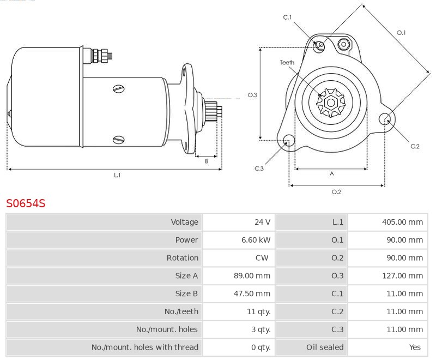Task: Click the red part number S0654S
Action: [x=26, y=204]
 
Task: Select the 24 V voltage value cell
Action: [x=262, y=222]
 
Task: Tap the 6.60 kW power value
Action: [x=256, y=240]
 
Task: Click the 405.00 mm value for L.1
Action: [x=402, y=222]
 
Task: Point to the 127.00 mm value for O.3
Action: [x=402, y=276]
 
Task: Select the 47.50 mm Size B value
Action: [x=252, y=294]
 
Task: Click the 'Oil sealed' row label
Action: [x=325, y=347]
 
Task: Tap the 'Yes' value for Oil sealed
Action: [x=415, y=347]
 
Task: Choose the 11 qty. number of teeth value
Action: [x=258, y=312]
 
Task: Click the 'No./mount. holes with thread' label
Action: [x=144, y=347]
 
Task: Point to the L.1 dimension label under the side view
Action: [x=117, y=176]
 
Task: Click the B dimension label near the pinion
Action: [x=207, y=161]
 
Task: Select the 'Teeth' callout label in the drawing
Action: [x=287, y=63]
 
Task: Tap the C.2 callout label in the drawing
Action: [x=415, y=146]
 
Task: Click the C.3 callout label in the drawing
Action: [x=259, y=169]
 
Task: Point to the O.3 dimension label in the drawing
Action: [x=252, y=95]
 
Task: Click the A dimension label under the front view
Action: [x=331, y=174]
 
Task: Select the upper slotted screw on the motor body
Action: [x=119, y=89]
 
